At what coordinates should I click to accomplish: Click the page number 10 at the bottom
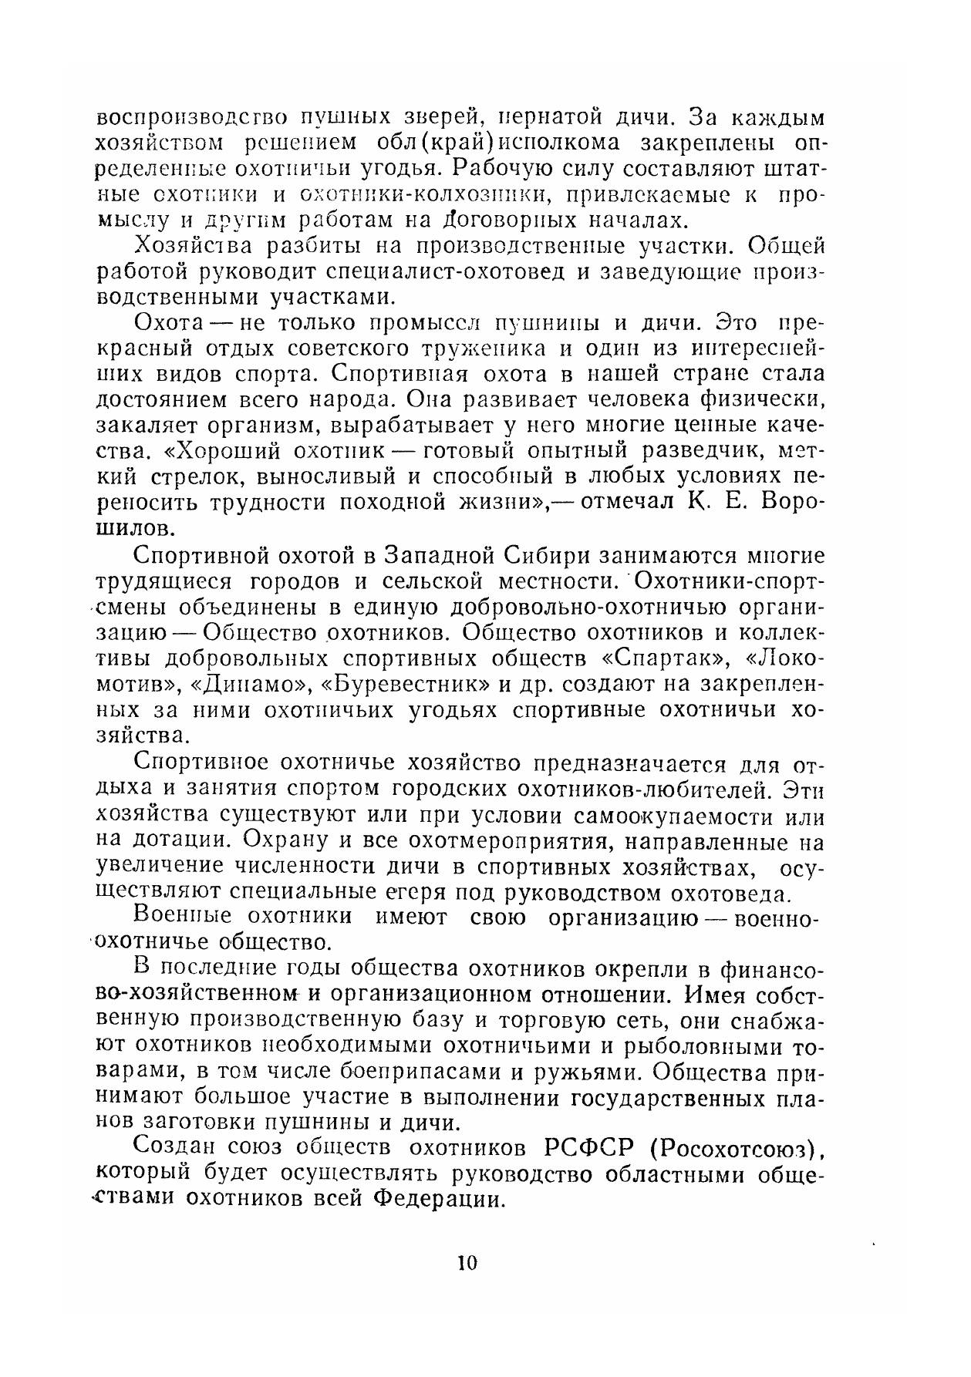click(467, 1263)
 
